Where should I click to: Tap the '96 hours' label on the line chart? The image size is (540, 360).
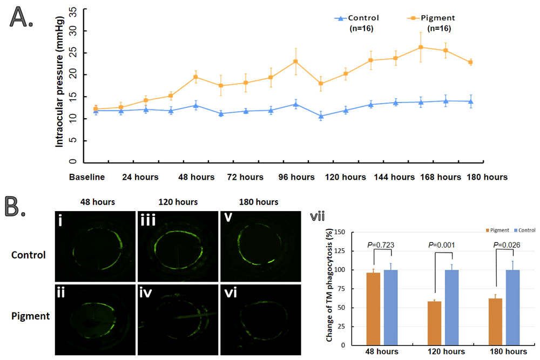pyautogui.click(x=295, y=177)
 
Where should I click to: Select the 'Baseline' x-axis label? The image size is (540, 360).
pyautogui.click(x=86, y=177)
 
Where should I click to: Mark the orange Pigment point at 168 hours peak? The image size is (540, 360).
pyautogui.click(x=421, y=47)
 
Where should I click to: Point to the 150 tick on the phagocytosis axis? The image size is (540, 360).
pyautogui.click(x=339, y=232)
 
